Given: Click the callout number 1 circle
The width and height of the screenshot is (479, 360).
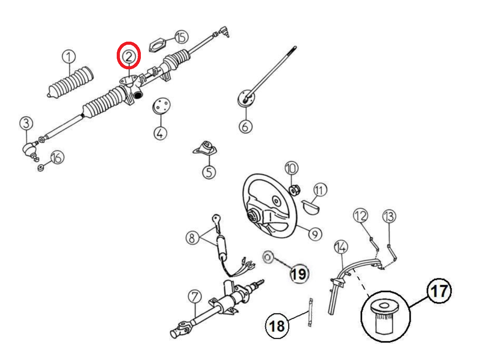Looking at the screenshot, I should tap(68, 57).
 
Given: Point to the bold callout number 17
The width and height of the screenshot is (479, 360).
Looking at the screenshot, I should tap(439, 291).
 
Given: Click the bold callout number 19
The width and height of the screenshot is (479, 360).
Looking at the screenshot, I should tap(299, 274).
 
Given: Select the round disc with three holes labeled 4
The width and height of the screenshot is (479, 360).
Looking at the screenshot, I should tap(161, 106).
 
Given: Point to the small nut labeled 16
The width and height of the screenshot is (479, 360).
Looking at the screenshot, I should tap(40, 169).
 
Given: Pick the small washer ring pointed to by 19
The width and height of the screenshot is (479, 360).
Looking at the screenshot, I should tap(268, 257).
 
